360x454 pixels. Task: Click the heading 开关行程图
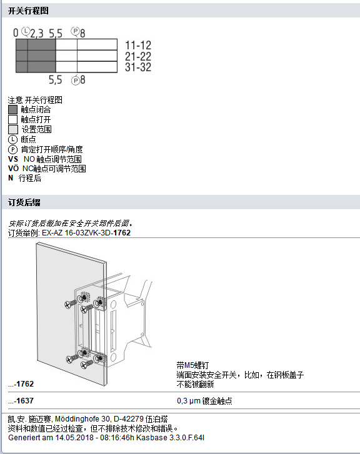28,11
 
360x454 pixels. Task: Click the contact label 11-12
138,46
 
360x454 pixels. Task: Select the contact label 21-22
138,57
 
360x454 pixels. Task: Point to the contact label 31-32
138,67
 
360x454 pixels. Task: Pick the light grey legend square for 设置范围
13,129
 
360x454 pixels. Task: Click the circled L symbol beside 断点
13,139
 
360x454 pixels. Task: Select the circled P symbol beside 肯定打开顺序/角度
13,149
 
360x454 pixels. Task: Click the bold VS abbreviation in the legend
12,159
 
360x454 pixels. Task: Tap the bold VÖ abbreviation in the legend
13,169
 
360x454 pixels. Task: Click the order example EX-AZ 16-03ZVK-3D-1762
86,233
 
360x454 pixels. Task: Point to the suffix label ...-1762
21,383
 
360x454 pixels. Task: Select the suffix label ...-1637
21,401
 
